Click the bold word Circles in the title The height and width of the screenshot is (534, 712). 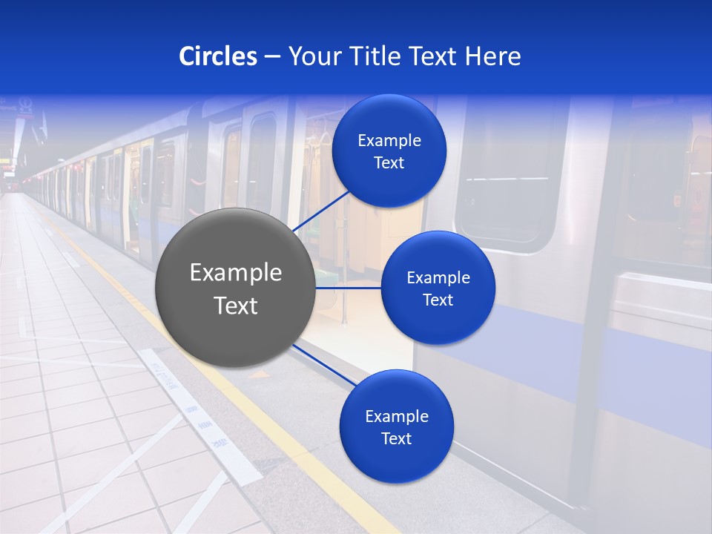click(x=217, y=56)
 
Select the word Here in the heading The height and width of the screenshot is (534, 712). click(x=492, y=56)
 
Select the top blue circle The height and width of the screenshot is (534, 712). click(x=389, y=151)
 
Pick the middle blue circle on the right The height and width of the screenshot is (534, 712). click(x=438, y=288)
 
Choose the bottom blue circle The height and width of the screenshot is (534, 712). click(x=396, y=426)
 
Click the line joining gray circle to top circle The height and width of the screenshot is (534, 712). click(x=322, y=211)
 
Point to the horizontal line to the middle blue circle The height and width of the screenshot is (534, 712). click(x=348, y=288)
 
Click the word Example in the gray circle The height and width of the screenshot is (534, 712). click(x=236, y=272)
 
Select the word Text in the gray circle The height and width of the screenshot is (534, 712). click(x=236, y=305)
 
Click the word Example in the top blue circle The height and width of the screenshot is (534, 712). click(x=389, y=140)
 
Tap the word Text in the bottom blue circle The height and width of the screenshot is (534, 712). click(x=396, y=438)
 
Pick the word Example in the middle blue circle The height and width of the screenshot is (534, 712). click(x=438, y=277)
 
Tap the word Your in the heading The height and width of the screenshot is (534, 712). click(x=310, y=56)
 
